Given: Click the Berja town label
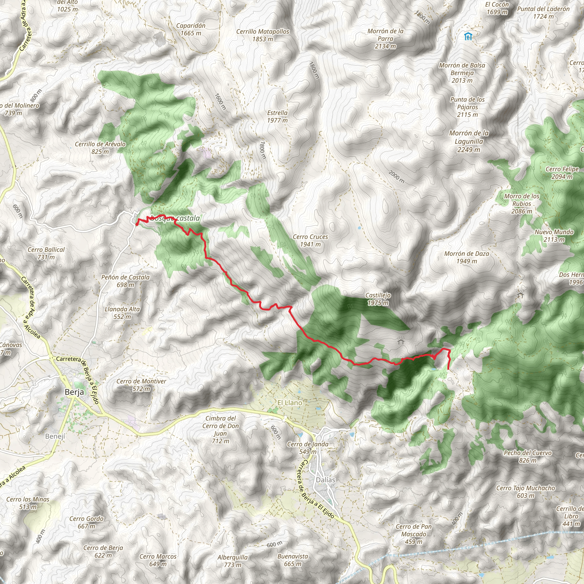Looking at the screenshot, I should pos(74,392).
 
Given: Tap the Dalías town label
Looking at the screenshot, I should pos(326,480).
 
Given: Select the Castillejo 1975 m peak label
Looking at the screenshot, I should pos(378,299).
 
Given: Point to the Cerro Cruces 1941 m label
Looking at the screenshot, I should pos(311,241).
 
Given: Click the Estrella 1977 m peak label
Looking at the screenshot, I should pos(277,116).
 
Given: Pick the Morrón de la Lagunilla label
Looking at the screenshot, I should pos(469,141).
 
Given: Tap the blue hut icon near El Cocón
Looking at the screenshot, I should pos(468,36).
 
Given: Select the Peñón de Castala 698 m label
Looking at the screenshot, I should pos(125,281).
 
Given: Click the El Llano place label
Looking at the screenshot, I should pos(290,403).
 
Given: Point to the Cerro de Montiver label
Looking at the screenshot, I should pos(141,385).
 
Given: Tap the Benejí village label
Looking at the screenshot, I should pos(55,436).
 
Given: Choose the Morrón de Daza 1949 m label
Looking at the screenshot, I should pos(467,257).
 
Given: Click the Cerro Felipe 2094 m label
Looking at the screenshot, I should pos(562,173).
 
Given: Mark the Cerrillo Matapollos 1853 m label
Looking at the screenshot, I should pos(263,35).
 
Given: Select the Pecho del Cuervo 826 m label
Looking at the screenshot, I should pos(528,457).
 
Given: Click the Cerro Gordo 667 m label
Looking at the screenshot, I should pos(86,522).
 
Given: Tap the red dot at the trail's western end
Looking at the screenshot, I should pos(137,224).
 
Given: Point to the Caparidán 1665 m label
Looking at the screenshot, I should pos(191,29).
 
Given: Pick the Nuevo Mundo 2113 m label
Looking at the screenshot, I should pos(554,236).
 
